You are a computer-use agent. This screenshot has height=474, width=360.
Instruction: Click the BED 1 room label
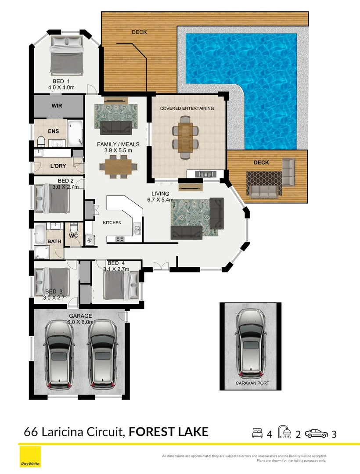click(x=61, y=81)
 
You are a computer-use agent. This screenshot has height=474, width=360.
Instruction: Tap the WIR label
click(x=57, y=106)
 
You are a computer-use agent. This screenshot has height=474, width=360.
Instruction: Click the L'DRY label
click(x=58, y=166)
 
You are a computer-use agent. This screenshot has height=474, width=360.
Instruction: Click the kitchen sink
click(x=137, y=229)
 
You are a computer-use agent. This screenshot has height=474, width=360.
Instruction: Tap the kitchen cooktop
click(x=119, y=239)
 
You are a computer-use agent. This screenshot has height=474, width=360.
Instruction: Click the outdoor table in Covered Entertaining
click(x=185, y=134)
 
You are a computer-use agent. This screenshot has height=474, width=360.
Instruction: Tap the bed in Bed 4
click(x=118, y=285)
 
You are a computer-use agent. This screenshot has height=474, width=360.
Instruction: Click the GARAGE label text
click(x=80, y=316)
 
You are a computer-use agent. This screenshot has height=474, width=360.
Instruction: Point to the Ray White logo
click(x=29, y=458)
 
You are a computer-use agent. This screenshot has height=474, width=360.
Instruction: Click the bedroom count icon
click(x=257, y=434)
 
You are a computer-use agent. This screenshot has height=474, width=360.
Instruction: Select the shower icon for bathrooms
click(x=285, y=433)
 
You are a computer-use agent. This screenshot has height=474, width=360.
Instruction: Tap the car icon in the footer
click(x=316, y=434)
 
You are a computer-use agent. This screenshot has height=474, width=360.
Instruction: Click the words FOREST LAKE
click(x=169, y=432)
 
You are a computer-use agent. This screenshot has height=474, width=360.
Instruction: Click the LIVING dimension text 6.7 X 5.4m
click(x=160, y=200)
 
